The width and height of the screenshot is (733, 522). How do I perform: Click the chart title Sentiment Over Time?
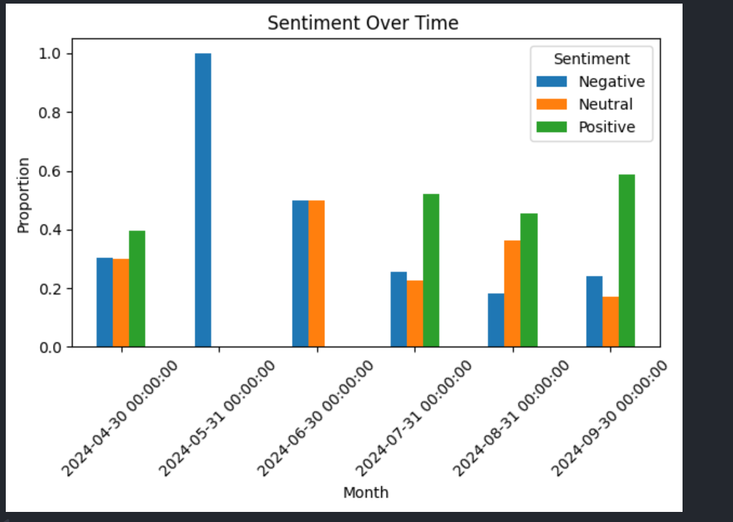coord(363,23)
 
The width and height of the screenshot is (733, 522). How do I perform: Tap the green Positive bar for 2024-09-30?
coord(626,261)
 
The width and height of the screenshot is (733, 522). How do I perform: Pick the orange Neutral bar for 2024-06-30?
coord(316,274)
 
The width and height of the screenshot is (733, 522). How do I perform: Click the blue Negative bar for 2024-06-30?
coord(300,274)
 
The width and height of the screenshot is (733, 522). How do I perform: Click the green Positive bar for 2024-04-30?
coord(137,289)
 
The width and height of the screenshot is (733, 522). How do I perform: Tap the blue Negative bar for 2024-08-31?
coord(496,320)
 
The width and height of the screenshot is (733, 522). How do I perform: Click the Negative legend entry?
coord(611,81)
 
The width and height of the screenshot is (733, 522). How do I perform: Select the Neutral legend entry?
coord(605,105)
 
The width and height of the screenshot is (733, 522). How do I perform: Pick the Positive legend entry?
coord(606,128)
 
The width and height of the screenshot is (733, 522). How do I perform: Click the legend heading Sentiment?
coord(592,59)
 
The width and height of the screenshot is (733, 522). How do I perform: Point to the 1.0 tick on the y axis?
coord(50,54)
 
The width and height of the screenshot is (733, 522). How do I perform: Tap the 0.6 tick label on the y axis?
coord(50,172)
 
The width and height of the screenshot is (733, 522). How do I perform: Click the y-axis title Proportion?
coord(24,195)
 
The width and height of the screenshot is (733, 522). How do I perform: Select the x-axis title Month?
coord(365,492)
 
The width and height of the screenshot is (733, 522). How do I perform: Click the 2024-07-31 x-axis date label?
coord(414,418)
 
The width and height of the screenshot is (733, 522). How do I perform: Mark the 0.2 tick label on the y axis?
coord(50,289)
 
